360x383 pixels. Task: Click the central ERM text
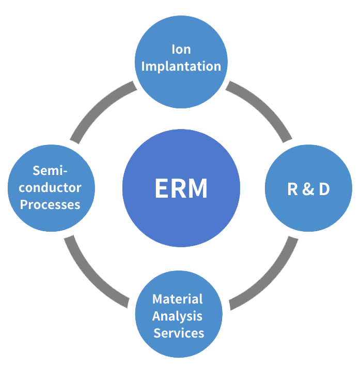pos(181,189)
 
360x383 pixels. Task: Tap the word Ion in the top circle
pos(181,50)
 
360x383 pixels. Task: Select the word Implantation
pos(181,67)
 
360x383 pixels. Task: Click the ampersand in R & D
pos(308,189)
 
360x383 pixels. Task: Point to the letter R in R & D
pos(293,189)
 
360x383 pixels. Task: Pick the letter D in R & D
pos(324,189)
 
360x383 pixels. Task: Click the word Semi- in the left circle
pos(51,170)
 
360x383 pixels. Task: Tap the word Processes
pos(51,204)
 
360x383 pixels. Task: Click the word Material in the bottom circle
pos(178,299)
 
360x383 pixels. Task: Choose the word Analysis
pos(178,316)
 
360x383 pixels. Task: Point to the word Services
pos(179,333)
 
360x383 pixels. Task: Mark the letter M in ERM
pos(197,189)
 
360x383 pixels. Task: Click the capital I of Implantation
pos(143,67)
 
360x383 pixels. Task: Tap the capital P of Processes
pos(24,204)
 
